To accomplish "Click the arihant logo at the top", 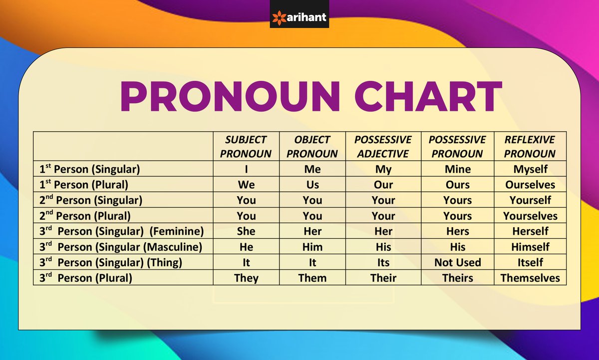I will (299, 17).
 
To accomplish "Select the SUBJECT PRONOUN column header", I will (246, 146).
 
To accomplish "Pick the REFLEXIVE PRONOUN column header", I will (530, 146).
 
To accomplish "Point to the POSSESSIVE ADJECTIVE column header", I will (383, 146).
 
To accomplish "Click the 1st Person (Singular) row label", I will (90, 169).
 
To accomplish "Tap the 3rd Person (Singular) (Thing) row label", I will (111, 262).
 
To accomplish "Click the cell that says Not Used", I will (458, 262).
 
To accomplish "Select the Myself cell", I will (530, 169).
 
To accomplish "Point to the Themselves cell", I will (530, 278).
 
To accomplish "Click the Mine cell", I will (458, 169).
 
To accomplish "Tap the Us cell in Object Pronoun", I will (312, 185).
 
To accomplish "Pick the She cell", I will (246, 231).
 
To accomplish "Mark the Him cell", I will (312, 247).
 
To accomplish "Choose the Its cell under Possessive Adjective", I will (383, 262).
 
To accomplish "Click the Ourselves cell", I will (530, 185).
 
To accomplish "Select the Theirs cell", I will (458, 278).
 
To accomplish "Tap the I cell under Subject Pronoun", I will (246, 169).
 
